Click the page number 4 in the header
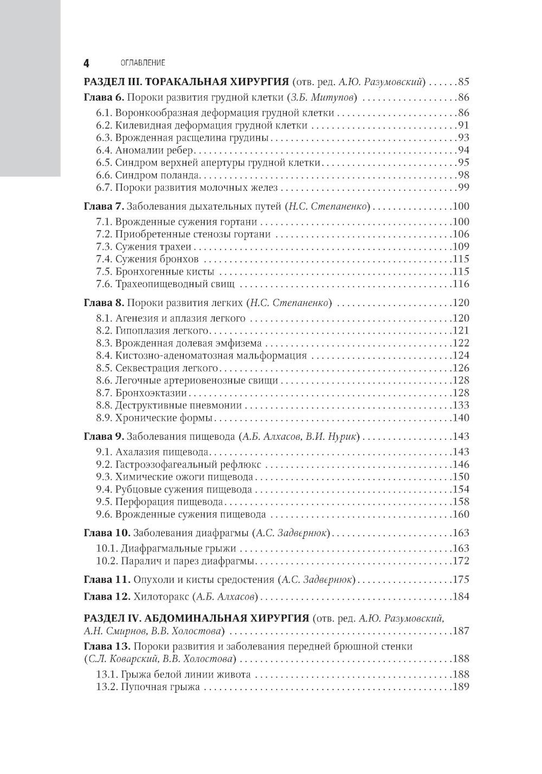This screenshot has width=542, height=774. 86,63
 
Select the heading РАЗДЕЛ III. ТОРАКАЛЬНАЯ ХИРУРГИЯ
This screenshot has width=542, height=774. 185,82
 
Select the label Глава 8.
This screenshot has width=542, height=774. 104,303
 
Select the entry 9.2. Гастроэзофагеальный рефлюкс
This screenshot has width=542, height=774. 179,464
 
